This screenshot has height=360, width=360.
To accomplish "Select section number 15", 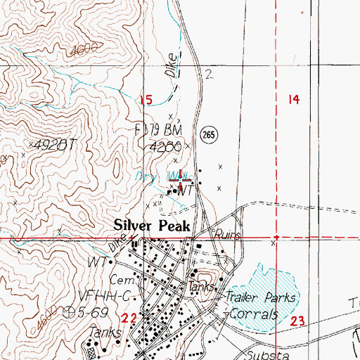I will coord(146,101).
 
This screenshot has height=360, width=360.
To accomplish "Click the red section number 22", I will coord(148,317).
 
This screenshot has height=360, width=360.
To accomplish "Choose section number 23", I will coord(297,321).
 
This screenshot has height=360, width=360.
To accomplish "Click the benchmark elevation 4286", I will coord(167,147).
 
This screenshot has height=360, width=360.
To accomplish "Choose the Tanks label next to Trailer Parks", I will coord(199,287).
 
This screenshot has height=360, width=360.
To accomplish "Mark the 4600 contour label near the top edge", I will coord(83,51).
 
